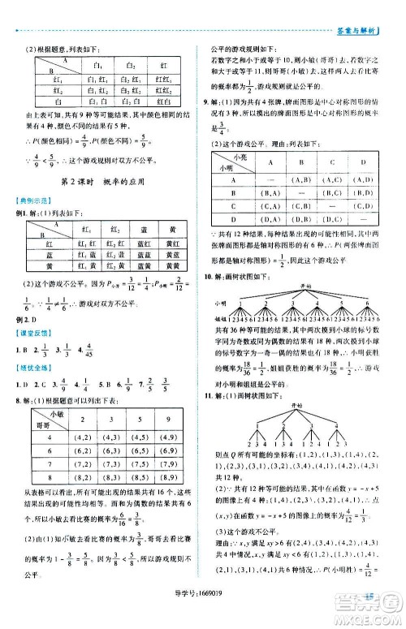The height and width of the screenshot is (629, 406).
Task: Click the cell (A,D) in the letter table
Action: (363, 179)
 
